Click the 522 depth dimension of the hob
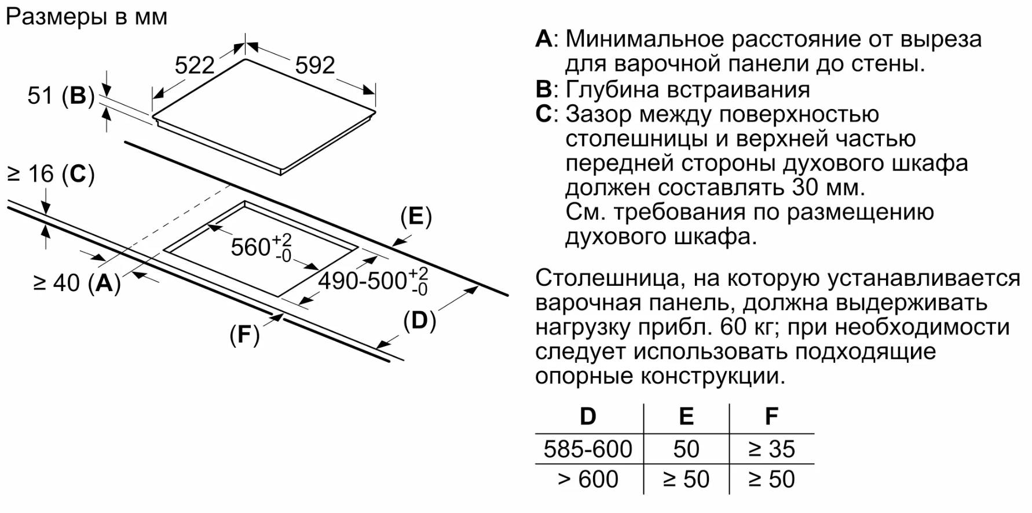tap(195, 66)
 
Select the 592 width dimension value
tap(315, 65)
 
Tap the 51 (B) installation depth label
tap(61, 96)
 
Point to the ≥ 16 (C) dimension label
tap(50, 174)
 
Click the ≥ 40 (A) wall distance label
tap(77, 283)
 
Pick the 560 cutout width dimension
tap(261, 247)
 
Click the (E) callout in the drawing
tap(416, 216)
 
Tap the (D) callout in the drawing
tap(419, 321)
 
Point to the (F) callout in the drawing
tap(244, 334)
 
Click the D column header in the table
tap(588, 417)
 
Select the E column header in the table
tap(686, 417)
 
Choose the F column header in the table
tap(771, 417)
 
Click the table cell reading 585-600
tap(588, 449)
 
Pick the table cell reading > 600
tap(588, 479)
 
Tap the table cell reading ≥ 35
tap(771, 449)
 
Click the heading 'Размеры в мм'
tap(86, 17)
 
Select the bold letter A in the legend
tap(544, 39)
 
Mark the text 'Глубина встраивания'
tap(687, 89)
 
